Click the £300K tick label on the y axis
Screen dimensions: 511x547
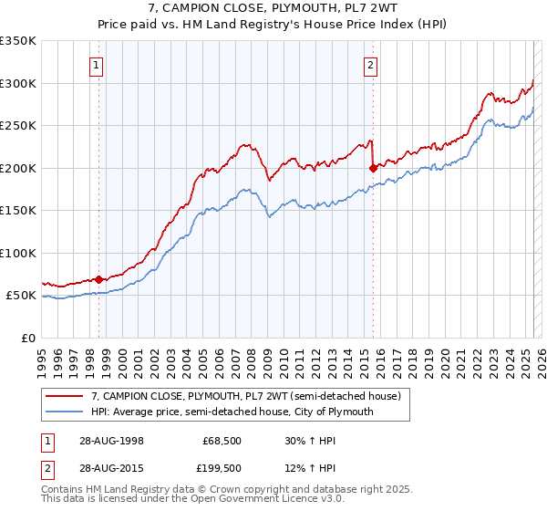[x=18, y=83]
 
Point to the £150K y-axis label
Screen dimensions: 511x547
[x=18, y=210]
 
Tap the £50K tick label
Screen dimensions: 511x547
[x=21, y=296]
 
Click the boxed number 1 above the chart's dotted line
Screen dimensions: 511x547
[x=97, y=65]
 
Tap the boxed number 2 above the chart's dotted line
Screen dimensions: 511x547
[x=371, y=65]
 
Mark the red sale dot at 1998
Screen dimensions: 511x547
[x=98, y=279]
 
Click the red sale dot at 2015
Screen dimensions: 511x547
[x=373, y=168]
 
